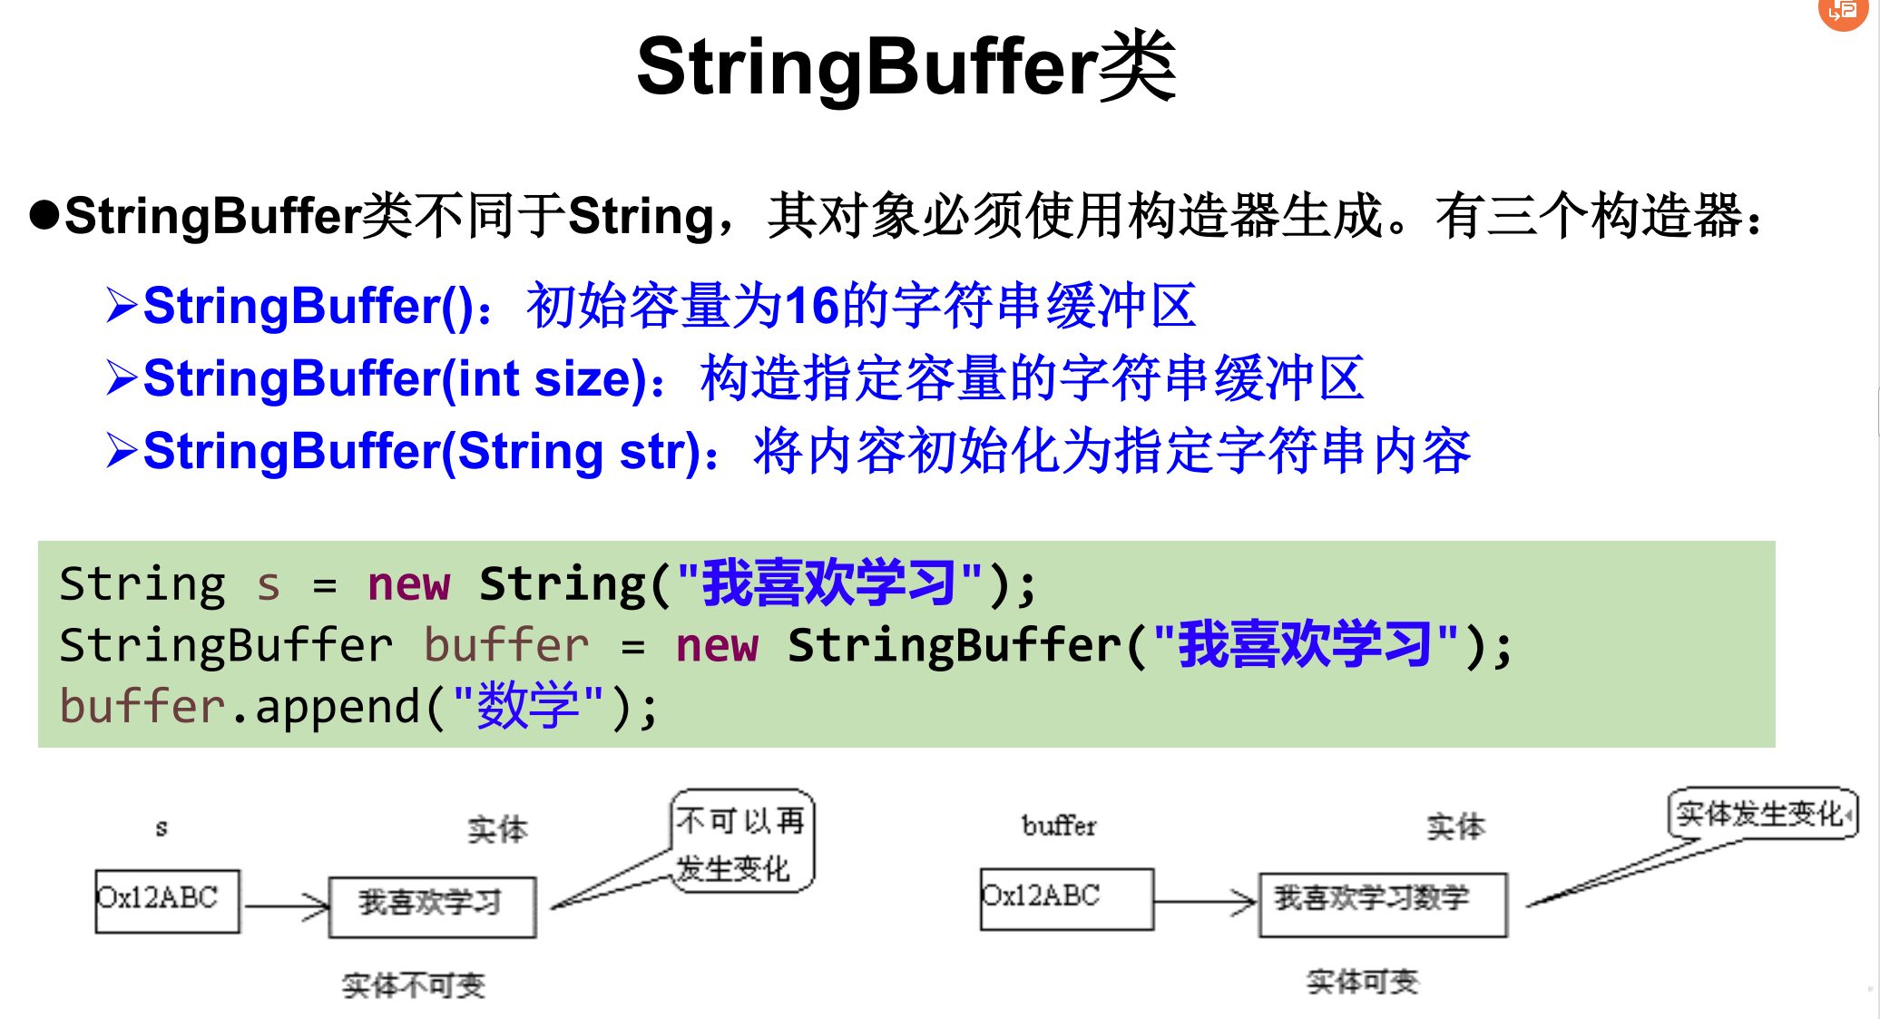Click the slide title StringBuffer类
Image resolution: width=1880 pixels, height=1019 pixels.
click(906, 67)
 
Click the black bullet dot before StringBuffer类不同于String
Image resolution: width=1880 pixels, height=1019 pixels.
click(44, 215)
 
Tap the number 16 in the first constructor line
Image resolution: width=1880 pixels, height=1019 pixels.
click(811, 306)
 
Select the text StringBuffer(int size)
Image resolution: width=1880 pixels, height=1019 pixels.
click(395, 378)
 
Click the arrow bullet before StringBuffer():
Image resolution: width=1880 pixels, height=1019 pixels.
click(122, 305)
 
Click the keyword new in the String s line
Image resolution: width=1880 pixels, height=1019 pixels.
click(408, 583)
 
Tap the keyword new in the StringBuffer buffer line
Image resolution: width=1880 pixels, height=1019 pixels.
click(717, 645)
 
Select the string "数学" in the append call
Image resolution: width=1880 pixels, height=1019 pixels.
click(528, 706)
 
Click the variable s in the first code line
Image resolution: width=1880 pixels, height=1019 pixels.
click(268, 584)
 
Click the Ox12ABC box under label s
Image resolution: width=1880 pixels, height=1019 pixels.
click(167, 900)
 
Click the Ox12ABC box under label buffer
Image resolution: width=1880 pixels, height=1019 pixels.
click(1066, 898)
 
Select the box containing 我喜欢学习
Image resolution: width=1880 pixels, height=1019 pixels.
click(432, 906)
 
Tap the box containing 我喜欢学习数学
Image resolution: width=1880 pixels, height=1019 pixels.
click(1382, 904)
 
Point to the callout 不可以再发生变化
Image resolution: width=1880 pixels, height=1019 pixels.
click(742, 842)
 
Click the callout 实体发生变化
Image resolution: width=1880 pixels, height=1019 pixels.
click(1761, 814)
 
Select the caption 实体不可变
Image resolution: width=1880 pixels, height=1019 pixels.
click(414, 985)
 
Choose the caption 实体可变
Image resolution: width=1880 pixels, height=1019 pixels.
click(1362, 982)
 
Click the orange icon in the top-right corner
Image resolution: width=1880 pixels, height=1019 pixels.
click(1844, 13)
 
